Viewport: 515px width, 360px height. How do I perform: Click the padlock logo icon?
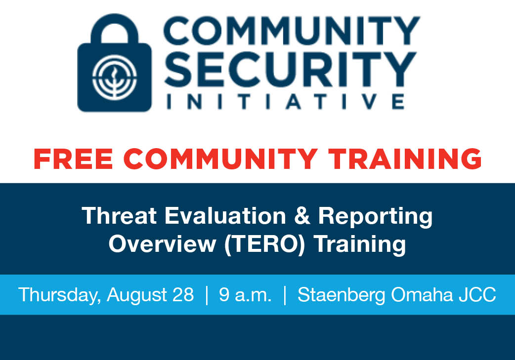tap(114, 63)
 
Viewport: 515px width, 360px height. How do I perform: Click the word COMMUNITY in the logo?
tap(292, 31)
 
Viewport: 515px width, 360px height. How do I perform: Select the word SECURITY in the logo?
tap(291, 69)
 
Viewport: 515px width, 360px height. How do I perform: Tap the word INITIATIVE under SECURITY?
tap(285, 101)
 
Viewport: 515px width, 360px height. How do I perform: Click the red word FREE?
tap(73, 159)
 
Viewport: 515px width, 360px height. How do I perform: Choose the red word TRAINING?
tap(405, 159)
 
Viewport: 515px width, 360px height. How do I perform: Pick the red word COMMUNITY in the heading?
tap(221, 159)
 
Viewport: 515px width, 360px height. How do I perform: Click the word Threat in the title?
tap(119, 216)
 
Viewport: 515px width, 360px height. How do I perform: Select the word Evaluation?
tap(225, 216)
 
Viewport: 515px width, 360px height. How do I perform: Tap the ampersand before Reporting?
tap(302, 216)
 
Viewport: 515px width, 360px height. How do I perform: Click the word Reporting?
tap(375, 217)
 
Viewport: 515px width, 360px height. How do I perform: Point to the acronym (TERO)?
tap(264, 244)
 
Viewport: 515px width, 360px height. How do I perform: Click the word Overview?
tap(162, 244)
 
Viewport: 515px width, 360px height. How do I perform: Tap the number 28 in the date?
tap(183, 294)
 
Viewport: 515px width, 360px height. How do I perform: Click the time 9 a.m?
tap(245, 294)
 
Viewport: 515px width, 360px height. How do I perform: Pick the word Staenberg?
tap(341, 295)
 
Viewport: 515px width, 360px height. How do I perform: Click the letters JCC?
tap(477, 294)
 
